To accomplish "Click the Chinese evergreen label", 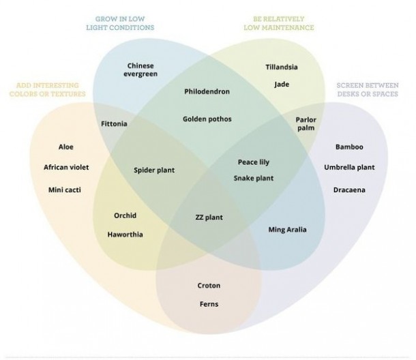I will [140, 70].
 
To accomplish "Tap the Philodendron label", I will [207, 91].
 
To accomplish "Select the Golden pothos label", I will [207, 119].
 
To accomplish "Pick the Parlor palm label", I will [306, 123].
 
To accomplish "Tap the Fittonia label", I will [114, 124].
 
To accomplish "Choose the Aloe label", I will [66, 147].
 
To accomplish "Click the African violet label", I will [66, 167].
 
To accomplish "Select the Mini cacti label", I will [65, 189].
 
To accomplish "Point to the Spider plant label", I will [154, 170].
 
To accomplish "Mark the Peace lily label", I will [254, 162].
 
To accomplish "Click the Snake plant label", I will [254, 178].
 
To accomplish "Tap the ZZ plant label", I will [209, 218].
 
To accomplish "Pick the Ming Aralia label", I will [287, 229].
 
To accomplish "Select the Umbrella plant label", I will [349, 167].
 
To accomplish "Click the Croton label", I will [209, 285].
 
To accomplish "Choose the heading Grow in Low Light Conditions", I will [120, 23].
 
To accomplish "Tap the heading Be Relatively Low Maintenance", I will [278, 23].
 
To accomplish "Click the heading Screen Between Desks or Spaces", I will [366, 89].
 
